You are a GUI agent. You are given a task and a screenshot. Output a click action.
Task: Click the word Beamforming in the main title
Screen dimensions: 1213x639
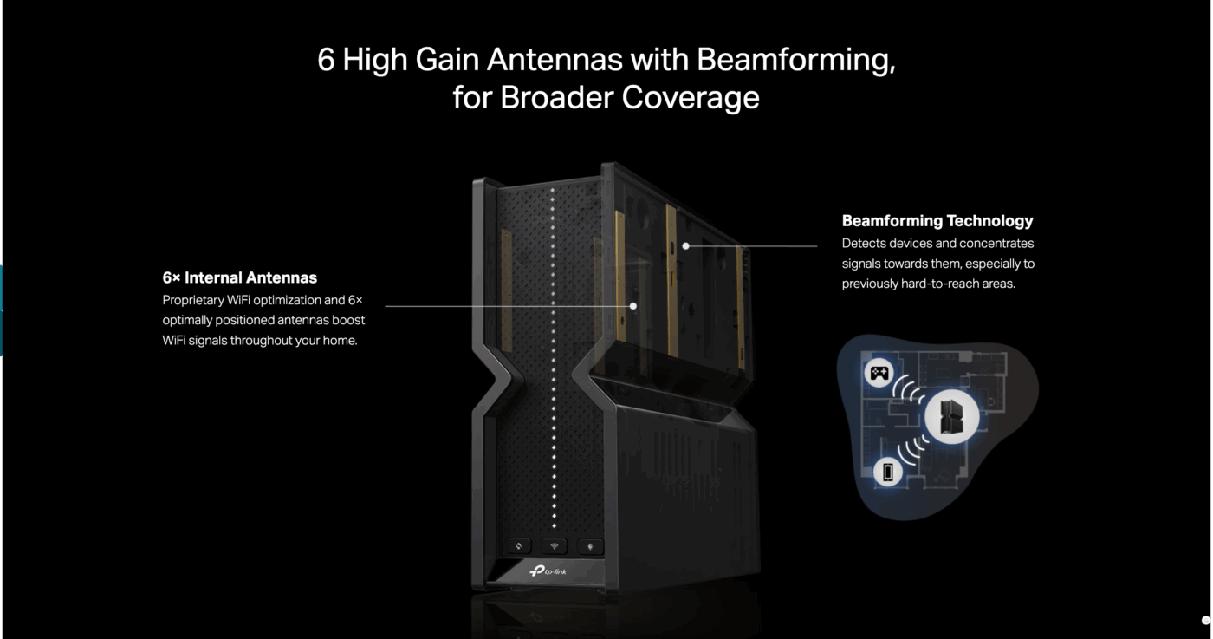tap(795, 60)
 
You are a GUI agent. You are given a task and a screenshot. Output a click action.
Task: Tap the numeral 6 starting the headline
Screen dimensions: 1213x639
tap(326, 59)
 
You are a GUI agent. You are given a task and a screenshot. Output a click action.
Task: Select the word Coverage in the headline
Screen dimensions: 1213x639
tap(691, 98)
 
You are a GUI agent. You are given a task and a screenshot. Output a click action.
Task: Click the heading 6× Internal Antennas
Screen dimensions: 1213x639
tap(239, 277)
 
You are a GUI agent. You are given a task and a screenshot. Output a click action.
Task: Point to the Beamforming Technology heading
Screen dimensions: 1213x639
tap(937, 220)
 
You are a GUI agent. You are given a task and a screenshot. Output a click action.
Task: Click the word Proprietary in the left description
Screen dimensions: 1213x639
tap(192, 300)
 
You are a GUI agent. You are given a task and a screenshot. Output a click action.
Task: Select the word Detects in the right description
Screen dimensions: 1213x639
tap(861, 244)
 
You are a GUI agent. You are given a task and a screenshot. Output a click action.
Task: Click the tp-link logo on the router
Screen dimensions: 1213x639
tap(548, 571)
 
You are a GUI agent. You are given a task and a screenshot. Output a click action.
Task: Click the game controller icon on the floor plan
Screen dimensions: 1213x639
tap(879, 373)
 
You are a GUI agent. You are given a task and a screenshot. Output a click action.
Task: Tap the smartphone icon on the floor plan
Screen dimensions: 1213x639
tap(887, 472)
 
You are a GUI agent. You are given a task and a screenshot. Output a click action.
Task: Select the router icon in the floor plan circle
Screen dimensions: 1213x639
tap(951, 417)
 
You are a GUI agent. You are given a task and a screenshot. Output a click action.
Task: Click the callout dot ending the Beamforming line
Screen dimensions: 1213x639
tap(685, 246)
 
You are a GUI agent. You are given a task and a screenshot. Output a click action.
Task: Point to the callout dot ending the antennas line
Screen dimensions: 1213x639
tap(633, 306)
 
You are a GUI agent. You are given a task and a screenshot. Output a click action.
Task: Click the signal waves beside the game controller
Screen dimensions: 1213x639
tap(909, 388)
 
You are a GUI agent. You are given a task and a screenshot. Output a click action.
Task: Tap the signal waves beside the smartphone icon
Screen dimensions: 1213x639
tap(912, 449)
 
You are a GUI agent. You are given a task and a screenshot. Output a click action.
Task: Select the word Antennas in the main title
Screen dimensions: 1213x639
tap(555, 59)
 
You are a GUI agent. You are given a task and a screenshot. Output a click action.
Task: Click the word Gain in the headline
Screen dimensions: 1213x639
tap(447, 59)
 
